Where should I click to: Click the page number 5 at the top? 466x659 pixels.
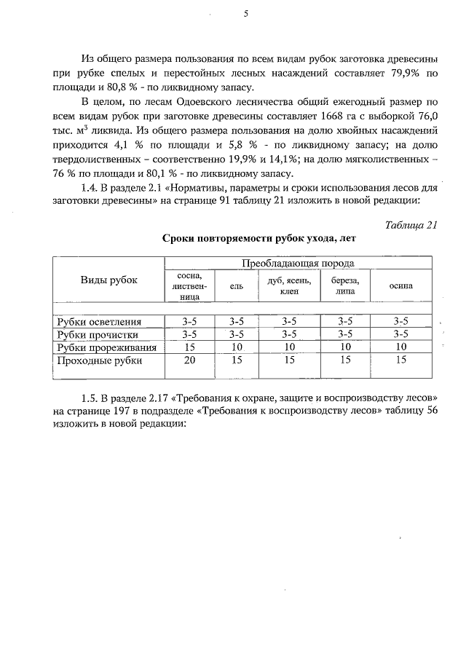[x=245, y=12]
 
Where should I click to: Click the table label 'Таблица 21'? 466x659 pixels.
[x=411, y=225]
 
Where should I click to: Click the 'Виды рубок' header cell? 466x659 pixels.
[x=108, y=280]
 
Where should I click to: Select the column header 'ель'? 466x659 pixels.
[x=236, y=287]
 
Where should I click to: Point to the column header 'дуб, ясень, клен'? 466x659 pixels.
[x=289, y=286]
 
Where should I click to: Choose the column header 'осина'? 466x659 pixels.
[x=400, y=286]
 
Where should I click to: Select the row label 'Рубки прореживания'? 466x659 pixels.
[x=109, y=347]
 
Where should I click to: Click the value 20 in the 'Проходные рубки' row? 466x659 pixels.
[x=189, y=360]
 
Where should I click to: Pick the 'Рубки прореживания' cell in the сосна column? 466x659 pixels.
[x=189, y=347]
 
